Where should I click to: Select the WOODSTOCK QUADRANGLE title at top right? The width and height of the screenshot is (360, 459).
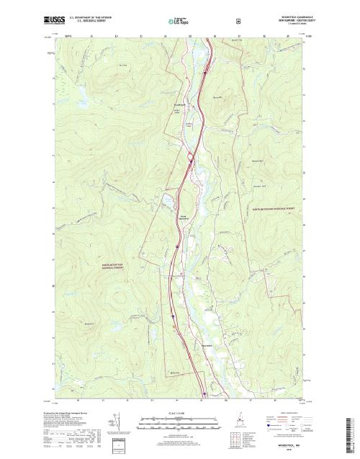click(x=287, y=14)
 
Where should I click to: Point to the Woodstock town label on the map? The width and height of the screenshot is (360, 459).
click(x=180, y=106)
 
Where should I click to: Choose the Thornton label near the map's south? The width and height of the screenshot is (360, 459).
click(x=204, y=346)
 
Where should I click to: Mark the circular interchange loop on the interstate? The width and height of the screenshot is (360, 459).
click(x=191, y=156)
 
